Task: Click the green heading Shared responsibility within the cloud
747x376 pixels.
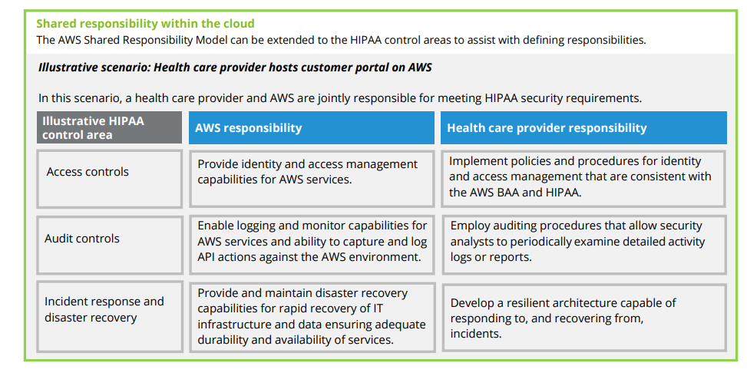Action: (145, 23)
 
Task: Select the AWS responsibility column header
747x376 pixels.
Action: (312, 127)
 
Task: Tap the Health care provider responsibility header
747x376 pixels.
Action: (583, 127)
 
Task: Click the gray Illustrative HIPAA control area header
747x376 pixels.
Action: (109, 127)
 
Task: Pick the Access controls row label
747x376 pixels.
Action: (109, 179)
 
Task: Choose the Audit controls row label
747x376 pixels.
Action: (110, 245)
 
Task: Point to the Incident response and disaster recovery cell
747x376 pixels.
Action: (110, 316)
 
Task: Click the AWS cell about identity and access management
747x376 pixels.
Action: (312, 179)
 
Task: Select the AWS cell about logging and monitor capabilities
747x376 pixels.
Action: (312, 245)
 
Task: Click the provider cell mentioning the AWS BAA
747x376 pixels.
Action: (583, 179)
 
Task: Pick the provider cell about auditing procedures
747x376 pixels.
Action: (584, 245)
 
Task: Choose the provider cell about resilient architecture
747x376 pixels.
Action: (584, 318)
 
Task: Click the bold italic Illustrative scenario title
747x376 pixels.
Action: (235, 68)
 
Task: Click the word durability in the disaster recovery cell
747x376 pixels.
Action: (222, 340)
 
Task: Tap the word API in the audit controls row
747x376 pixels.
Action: (207, 257)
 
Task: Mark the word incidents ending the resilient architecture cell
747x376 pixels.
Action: (476, 334)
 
